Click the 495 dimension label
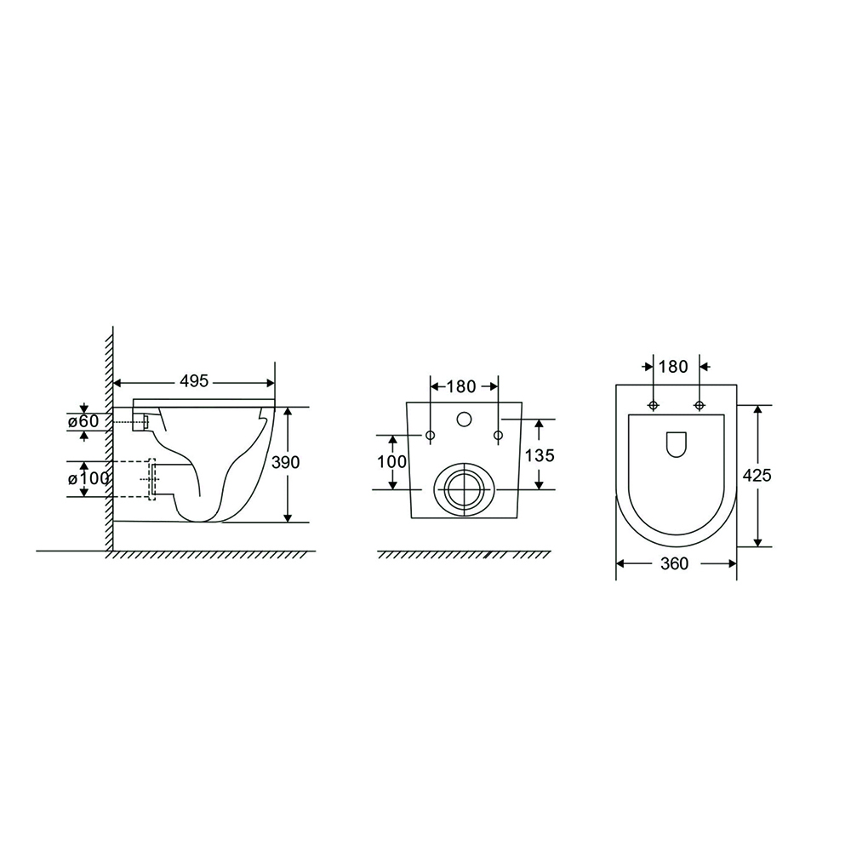[x=194, y=381]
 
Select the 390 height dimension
[x=285, y=462]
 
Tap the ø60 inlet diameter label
[x=83, y=421]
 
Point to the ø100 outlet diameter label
[x=89, y=478]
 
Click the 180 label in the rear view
[x=461, y=386]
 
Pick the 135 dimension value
[x=540, y=455]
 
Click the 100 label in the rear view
[x=391, y=462]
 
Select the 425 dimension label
[x=757, y=476]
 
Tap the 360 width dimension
[x=675, y=564]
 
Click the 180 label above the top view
[x=673, y=367]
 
